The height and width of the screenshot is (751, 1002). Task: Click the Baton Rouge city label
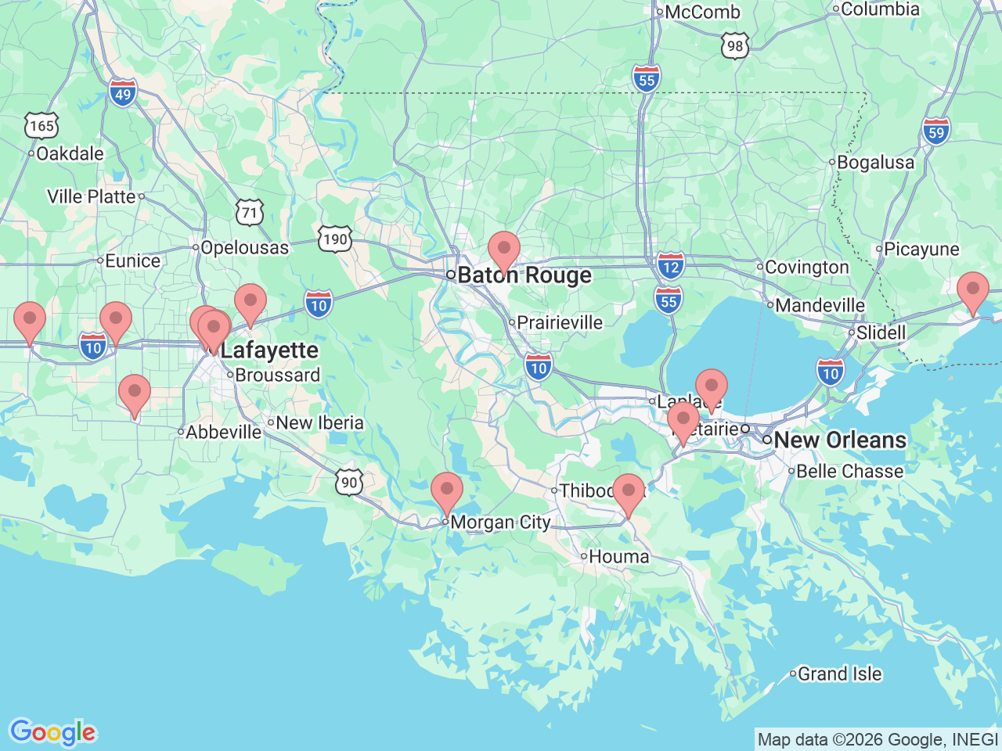pos(524,275)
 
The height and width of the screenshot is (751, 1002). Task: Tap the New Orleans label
pos(839,440)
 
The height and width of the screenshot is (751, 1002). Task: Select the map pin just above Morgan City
pos(447,492)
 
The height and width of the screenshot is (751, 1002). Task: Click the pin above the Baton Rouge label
pos(503,251)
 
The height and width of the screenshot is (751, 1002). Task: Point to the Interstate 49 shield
pos(123,94)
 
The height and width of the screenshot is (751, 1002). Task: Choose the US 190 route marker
pos(335,239)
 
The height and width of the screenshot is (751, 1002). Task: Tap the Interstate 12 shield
pos(671,265)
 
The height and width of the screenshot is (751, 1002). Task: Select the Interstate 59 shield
pos(936,131)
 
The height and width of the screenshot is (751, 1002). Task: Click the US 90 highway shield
pos(349,482)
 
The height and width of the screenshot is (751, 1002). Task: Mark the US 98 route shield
pos(734,45)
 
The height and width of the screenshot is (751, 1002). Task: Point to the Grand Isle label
pos(839,674)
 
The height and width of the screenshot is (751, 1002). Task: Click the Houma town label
pos(618,557)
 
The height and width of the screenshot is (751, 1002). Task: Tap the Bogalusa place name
pos(875,163)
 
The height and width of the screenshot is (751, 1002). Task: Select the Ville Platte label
pos(92,196)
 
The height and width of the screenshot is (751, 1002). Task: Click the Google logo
pos(52,732)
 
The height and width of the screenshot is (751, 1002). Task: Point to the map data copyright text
pos(878,739)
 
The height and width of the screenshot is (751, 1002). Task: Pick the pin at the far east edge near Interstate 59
pos(972,292)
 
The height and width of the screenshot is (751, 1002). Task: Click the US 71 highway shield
pos(249,212)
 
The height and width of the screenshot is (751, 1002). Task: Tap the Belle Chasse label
pos(849,472)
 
